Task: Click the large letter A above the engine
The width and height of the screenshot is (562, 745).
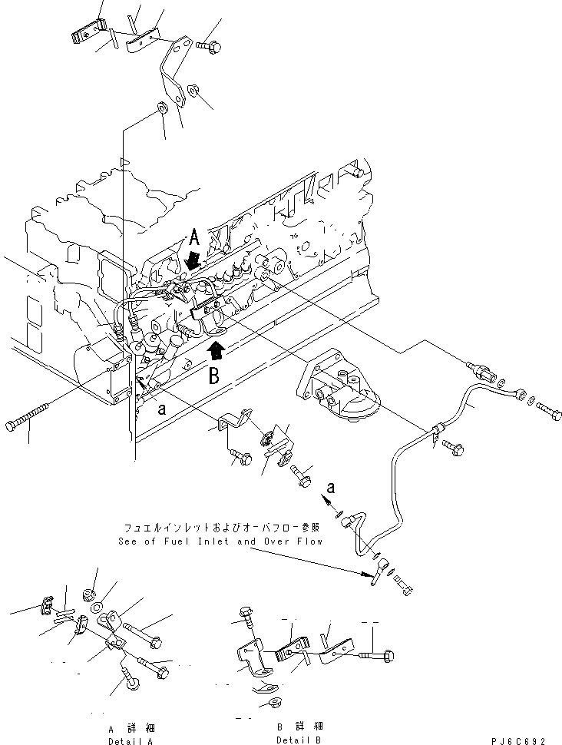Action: pos(194,237)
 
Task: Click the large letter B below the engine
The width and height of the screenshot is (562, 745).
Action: pos(214,376)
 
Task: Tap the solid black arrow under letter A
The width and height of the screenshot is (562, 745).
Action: pos(193,260)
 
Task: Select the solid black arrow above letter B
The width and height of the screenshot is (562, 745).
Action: pos(217,351)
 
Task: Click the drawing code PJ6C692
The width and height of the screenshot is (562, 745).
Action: pos(518,740)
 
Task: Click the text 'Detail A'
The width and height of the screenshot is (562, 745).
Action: pos(131,740)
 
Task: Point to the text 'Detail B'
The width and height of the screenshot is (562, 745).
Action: pos(299,740)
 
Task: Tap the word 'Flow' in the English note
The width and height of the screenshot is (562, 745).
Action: pos(309,541)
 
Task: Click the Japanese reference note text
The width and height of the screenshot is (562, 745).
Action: pos(221,528)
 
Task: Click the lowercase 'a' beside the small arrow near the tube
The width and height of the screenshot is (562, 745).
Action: pos(331,487)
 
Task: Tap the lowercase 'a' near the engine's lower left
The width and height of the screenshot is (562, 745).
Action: pos(162,408)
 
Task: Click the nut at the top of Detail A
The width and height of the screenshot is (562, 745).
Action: pos(88,594)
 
